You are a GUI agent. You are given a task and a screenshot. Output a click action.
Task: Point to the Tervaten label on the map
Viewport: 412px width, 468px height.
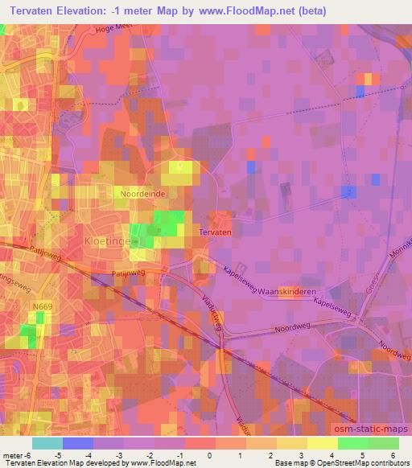(215, 232)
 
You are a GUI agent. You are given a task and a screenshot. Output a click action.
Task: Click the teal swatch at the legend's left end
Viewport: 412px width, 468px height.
(47, 443)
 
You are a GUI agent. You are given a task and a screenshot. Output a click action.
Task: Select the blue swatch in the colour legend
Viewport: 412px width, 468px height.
(77, 443)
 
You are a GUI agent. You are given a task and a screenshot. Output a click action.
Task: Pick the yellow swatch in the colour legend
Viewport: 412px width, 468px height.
(322, 443)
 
